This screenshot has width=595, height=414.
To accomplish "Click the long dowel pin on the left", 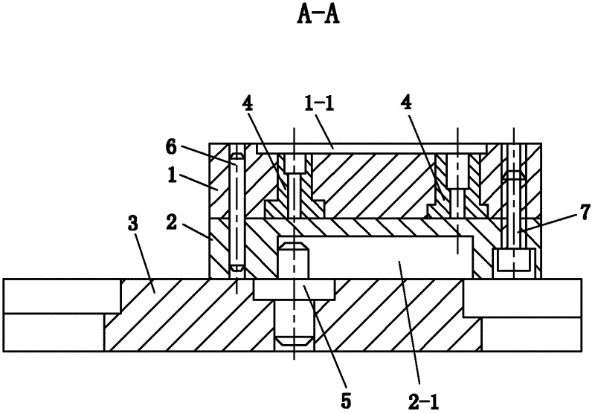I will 237,212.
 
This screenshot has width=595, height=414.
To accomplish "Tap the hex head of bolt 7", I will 512,260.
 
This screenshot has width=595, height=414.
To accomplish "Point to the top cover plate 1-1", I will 372,149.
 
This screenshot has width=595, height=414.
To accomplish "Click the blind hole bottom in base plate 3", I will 295,341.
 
